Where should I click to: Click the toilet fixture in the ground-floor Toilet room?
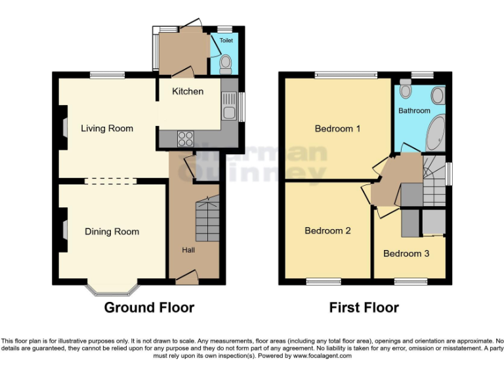click(x=225, y=63)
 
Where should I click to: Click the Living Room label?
click(x=107, y=129)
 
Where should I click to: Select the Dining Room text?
click(x=112, y=232)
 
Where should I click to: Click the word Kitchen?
click(x=188, y=91)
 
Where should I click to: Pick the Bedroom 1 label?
click(x=337, y=129)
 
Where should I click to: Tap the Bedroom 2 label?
click(x=327, y=231)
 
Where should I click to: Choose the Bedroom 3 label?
click(x=406, y=253)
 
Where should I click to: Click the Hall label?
click(x=189, y=250)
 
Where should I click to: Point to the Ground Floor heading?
click(x=149, y=307)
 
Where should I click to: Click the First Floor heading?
click(x=364, y=307)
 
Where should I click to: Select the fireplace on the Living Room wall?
click(x=63, y=127)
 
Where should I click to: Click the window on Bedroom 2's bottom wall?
click(x=323, y=282)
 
